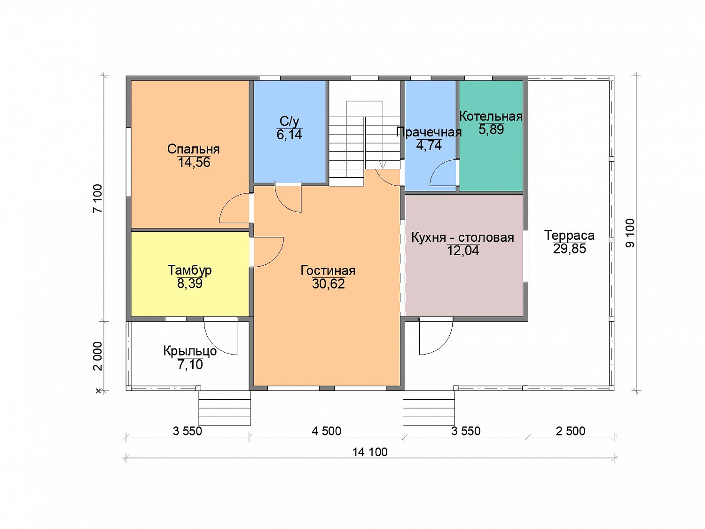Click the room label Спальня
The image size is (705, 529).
[193, 149]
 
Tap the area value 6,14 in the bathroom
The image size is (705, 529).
[289, 134]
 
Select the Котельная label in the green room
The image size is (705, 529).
[491, 116]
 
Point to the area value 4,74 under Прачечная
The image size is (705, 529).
[429, 145]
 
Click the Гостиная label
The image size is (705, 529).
[328, 270]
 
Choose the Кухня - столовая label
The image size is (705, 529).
[462, 237]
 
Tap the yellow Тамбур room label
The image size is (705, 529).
[189, 270]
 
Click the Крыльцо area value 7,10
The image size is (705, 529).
[190, 364]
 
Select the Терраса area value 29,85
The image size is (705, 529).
[570, 248]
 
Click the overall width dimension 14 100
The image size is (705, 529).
[370, 452]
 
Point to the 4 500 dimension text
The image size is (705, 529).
[326, 431]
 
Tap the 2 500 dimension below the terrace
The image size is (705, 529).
[571, 431]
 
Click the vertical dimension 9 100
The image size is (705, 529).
[630, 233]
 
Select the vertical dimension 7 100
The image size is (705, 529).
[97, 198]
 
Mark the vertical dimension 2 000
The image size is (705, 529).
[97, 356]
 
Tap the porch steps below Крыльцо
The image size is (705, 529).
[224, 408]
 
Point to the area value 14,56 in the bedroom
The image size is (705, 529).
[194, 162]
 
